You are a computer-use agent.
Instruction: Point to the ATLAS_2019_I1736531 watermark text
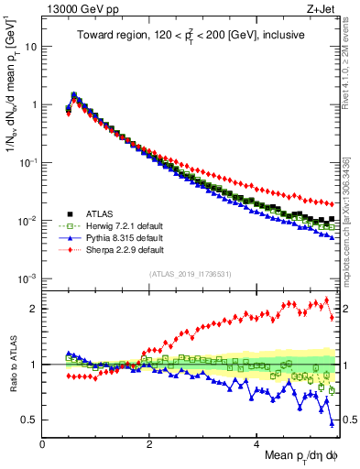click(190, 274)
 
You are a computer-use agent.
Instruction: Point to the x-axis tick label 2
click(149, 443)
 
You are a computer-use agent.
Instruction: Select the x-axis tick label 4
click(256, 443)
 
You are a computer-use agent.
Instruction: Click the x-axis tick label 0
click(42, 443)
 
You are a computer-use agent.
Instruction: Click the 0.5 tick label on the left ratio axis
click(29, 420)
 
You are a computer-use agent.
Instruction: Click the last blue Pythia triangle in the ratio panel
click(332, 423)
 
